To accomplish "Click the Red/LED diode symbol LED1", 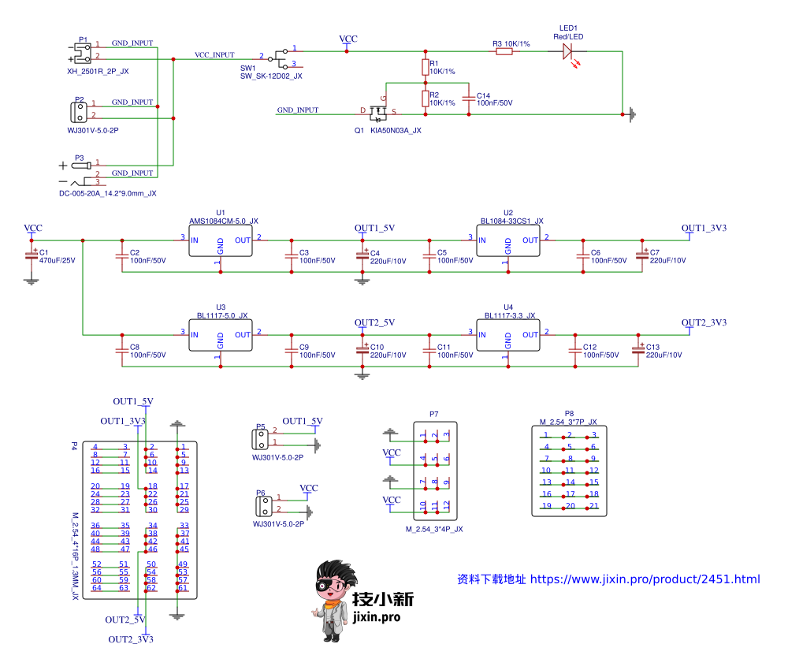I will pos(567,52).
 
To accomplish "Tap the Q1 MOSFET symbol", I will pos(377,112).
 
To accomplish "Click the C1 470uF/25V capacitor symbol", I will pos(32,255).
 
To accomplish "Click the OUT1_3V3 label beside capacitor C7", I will pos(704,228).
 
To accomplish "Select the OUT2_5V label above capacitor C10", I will pos(374,322).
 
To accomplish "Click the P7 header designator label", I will pos(434,414).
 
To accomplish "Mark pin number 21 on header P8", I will pos(594,506).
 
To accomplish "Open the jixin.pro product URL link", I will pos(645,579).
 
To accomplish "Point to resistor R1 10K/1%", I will pos(426,66).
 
